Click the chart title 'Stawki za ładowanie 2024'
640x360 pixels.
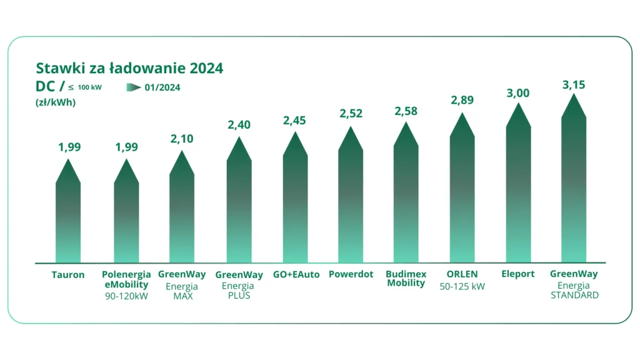[x=129, y=67]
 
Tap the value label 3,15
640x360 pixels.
[x=573, y=84]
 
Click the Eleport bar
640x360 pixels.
[x=518, y=187]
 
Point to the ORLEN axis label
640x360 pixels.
[x=462, y=274]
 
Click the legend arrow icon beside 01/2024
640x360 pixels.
[x=134, y=87]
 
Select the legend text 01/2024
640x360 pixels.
[x=162, y=87]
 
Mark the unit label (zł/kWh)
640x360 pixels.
[x=56, y=102]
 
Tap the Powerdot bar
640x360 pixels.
[x=351, y=200]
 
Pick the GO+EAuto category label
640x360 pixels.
[x=296, y=274]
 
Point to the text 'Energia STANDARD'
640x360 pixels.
[x=574, y=291]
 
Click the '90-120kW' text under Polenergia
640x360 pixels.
[x=126, y=296]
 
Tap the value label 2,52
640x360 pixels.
[x=351, y=114]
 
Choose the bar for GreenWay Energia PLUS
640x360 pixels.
[x=239, y=206]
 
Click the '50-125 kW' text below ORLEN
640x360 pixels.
[x=462, y=286]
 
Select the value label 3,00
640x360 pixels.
[x=517, y=93]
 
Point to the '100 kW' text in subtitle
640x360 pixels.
[x=90, y=87]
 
